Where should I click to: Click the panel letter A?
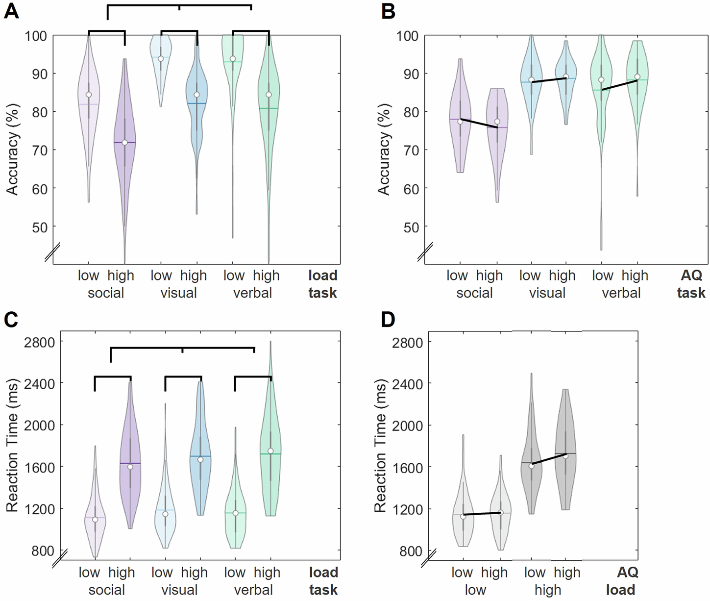point(11,11)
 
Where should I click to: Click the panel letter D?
point(388,320)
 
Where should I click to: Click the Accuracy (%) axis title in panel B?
point(384,150)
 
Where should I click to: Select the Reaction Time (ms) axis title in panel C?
point(12,445)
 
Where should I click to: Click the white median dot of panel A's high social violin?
point(124,143)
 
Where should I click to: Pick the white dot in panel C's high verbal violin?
point(270,451)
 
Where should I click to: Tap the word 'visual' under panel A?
point(178,293)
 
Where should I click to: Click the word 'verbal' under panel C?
point(253,590)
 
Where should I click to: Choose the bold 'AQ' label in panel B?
point(691,275)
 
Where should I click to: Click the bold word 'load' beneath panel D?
point(620,590)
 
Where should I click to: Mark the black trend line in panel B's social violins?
point(479,124)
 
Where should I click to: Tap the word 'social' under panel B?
point(474,293)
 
